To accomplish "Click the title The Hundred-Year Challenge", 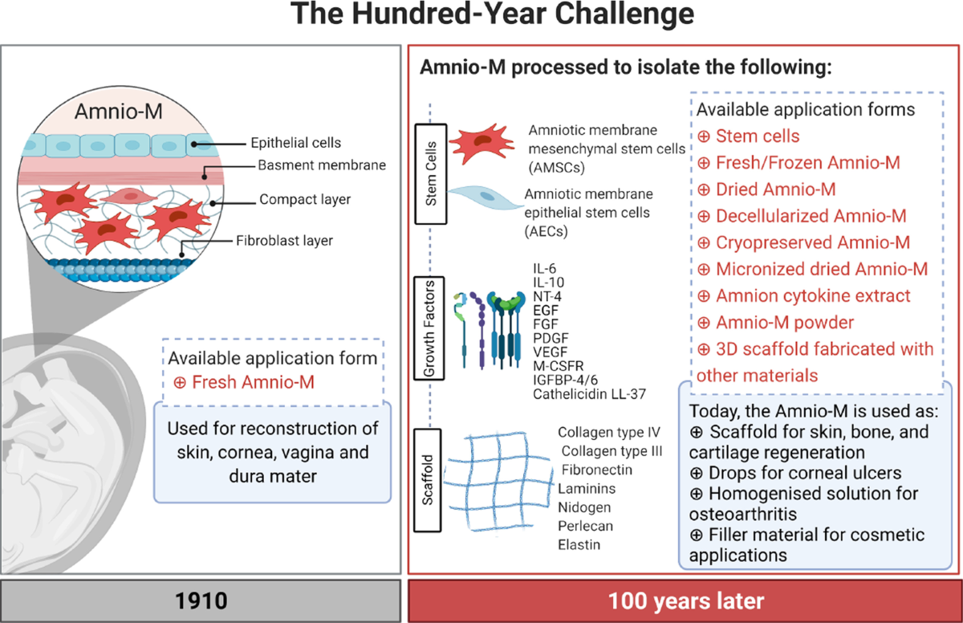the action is point(492,14).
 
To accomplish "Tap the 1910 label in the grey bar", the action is point(201,601).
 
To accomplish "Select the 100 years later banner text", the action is point(686,601).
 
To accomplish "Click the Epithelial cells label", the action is point(296,143).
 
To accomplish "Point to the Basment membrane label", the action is point(322,165).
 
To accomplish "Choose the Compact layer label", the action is point(305,199).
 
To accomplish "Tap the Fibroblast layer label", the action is point(284,240).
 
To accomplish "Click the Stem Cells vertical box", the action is point(431,173).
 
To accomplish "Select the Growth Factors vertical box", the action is point(429,328).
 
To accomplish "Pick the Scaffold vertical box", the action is point(427,480).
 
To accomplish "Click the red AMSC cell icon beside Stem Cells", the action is point(481,143).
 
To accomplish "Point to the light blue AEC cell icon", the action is point(486,197).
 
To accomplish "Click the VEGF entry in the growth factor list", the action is point(550,352).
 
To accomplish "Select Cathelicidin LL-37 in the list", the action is point(589,394).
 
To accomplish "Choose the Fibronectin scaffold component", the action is point(597,470).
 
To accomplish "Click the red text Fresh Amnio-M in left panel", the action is point(253,382).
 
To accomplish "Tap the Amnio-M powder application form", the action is point(785,323).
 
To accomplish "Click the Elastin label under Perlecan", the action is point(579,545).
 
